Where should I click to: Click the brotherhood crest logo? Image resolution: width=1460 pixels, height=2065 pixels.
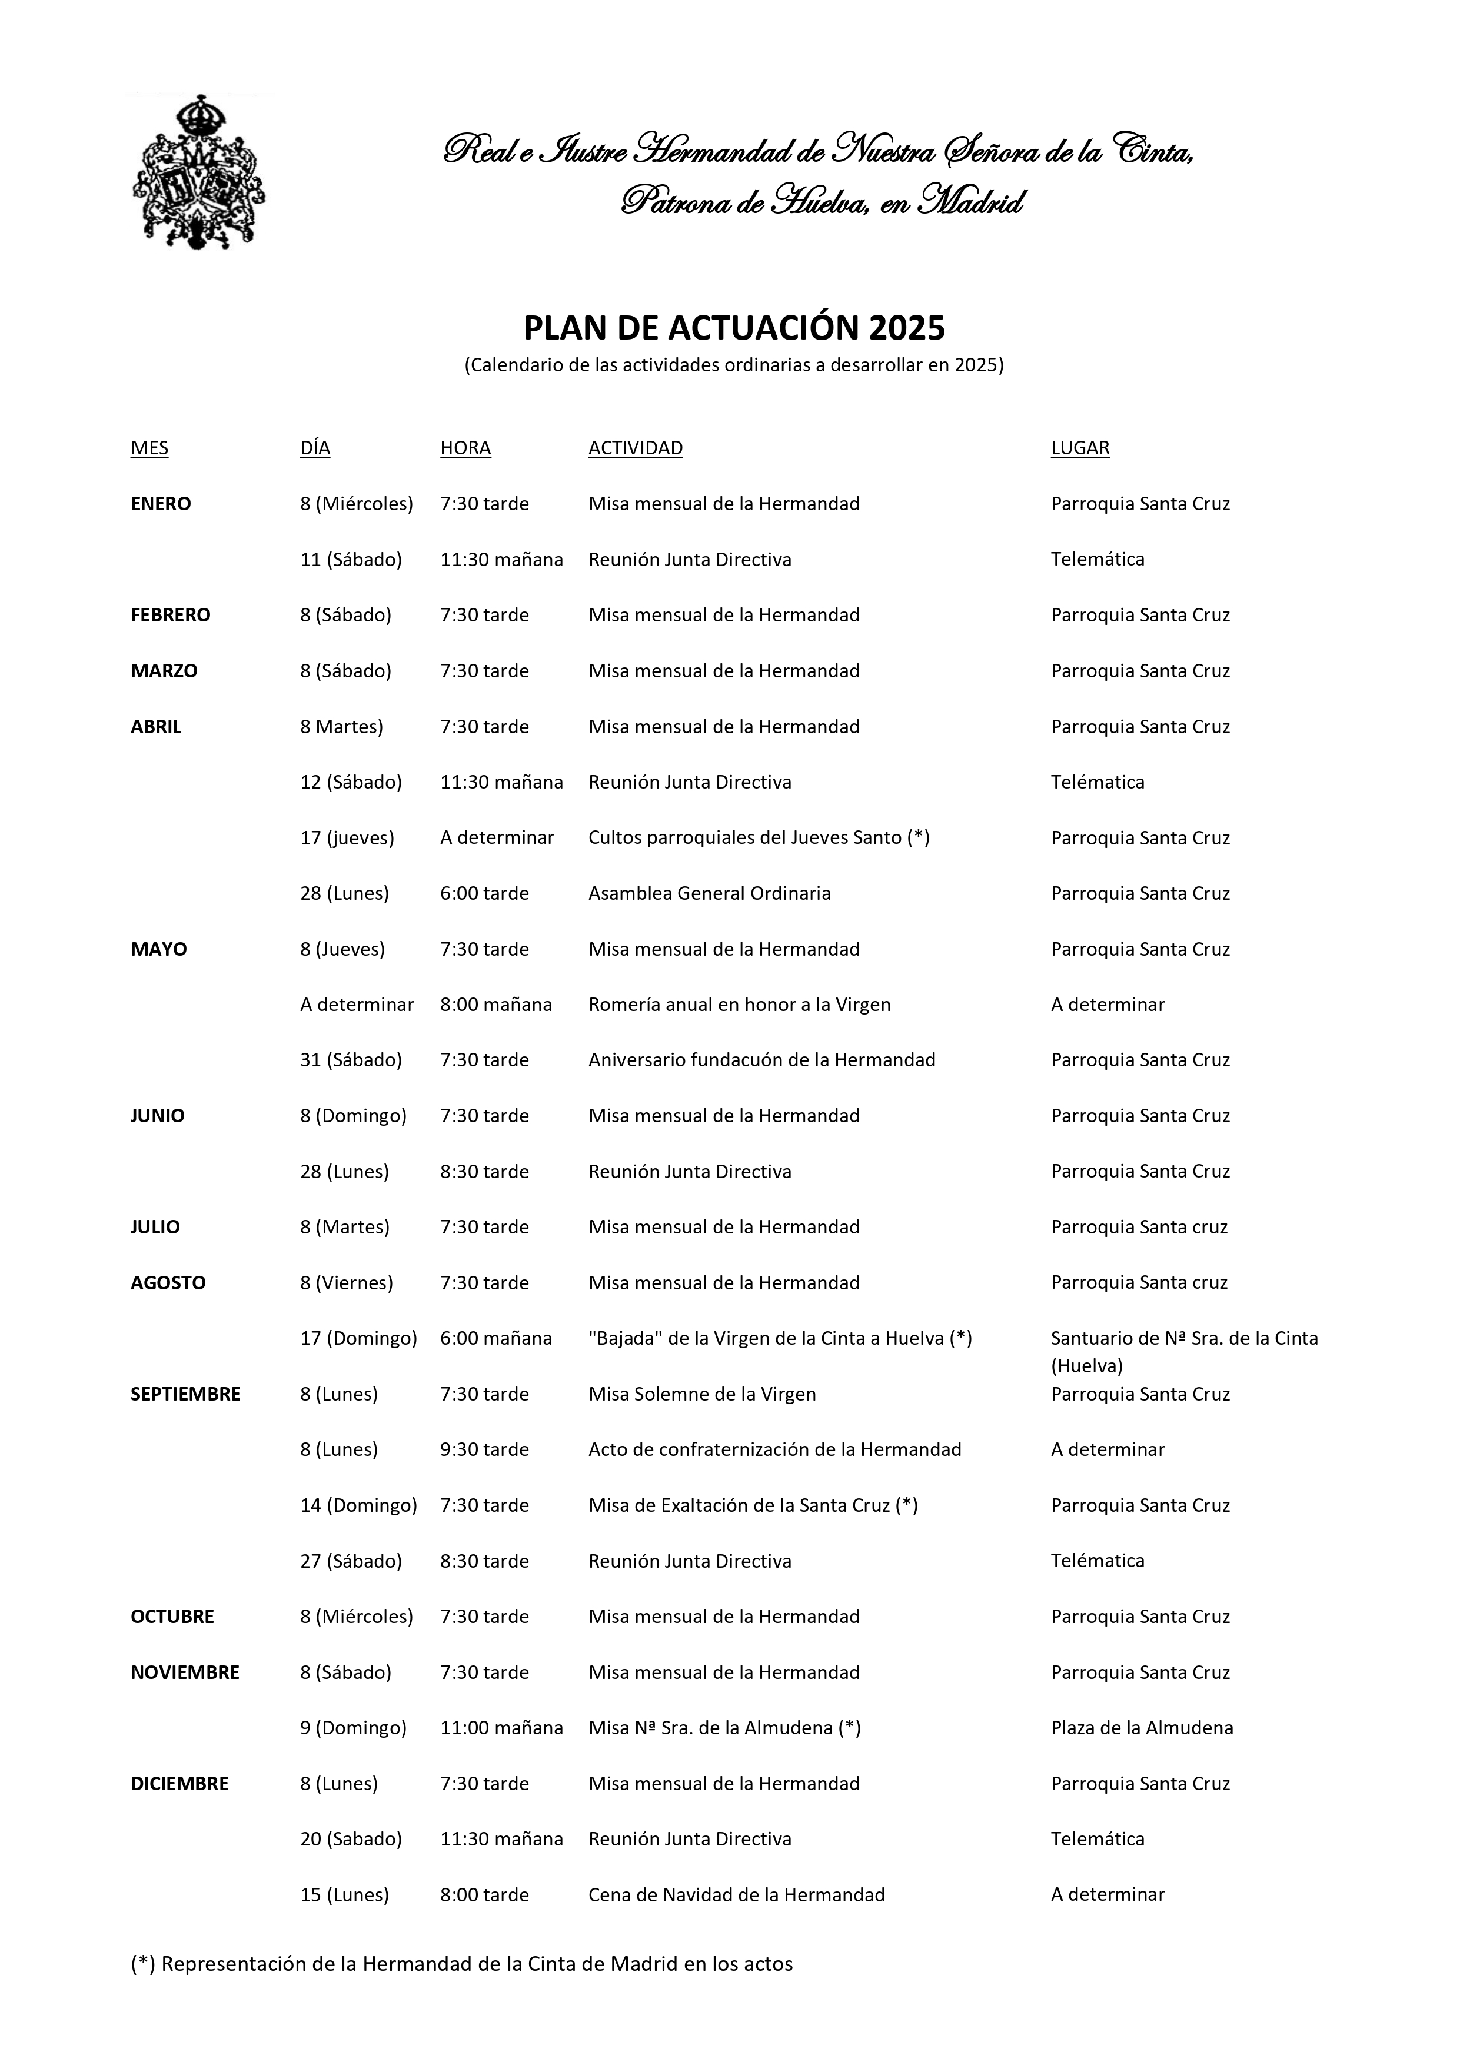click(x=199, y=172)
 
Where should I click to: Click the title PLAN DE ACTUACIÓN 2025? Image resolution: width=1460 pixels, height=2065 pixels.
click(x=734, y=328)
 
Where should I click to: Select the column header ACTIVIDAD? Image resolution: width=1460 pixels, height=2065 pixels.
click(x=635, y=448)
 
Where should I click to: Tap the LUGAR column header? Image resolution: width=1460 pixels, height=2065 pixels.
click(x=1079, y=448)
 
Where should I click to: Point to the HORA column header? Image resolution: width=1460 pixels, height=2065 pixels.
click(x=465, y=448)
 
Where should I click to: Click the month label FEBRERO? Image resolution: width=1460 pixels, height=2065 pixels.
click(x=170, y=615)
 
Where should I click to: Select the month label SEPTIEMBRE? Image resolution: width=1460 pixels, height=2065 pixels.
click(x=185, y=1394)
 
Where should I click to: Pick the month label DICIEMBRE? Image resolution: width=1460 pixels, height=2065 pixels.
click(x=179, y=1784)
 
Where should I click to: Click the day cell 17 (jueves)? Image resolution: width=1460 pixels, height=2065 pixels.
click(x=347, y=838)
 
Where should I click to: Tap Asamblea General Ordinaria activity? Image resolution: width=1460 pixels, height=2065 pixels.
click(x=709, y=894)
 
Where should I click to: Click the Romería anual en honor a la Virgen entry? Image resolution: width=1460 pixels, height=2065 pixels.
click(x=739, y=1005)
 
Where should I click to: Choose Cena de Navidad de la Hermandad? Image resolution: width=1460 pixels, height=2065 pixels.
click(x=736, y=1895)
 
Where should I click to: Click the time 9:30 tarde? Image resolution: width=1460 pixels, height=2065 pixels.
click(x=484, y=1450)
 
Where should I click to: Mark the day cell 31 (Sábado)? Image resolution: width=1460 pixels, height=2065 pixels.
click(x=351, y=1060)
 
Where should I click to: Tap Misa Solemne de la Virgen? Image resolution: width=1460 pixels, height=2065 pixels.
click(x=701, y=1394)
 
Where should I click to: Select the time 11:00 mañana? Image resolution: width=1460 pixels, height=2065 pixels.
click(x=501, y=1728)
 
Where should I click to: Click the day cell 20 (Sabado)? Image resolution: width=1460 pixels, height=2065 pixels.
click(x=351, y=1839)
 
